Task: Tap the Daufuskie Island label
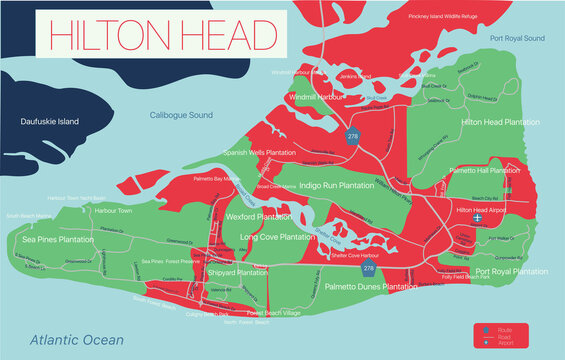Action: pos(48,122)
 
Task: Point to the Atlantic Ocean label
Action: pos(76,340)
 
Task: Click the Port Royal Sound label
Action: pos(517,38)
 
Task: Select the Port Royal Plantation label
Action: pos(511,271)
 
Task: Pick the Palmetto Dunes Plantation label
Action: pos(371,287)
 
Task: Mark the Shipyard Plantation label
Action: pos(237,271)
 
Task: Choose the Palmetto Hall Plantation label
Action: pos(485,171)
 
